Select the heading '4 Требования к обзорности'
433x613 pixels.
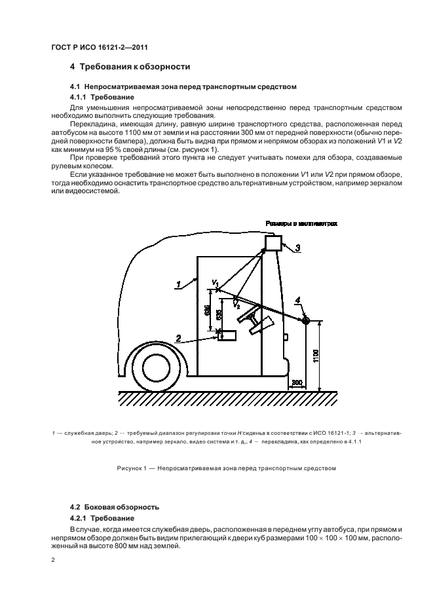tap(130, 67)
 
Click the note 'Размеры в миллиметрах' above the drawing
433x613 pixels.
tap(301, 223)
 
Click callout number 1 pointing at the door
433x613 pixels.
tap(178, 284)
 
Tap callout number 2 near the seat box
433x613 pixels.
tap(178, 337)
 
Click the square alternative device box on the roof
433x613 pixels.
tap(273, 244)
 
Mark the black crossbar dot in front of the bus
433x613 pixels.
tap(305, 320)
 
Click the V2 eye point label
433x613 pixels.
tap(236, 305)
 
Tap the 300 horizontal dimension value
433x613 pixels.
tap(296, 382)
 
